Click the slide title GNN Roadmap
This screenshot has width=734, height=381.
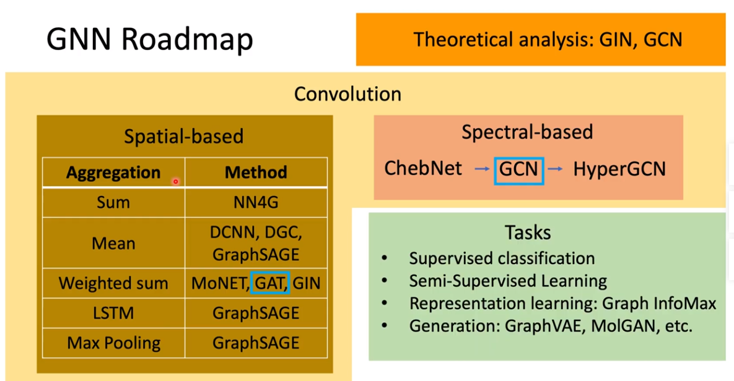tap(149, 40)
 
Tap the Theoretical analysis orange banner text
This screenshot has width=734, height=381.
tap(548, 40)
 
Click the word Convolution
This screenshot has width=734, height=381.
tap(347, 94)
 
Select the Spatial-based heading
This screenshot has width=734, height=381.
tap(184, 136)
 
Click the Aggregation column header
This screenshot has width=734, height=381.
tap(113, 172)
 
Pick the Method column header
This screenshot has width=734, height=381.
tap(256, 172)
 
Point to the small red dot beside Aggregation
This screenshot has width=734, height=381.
tap(176, 181)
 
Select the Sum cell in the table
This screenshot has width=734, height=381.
tap(113, 202)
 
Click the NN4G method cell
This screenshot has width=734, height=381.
tap(256, 202)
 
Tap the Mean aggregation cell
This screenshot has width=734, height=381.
tap(113, 243)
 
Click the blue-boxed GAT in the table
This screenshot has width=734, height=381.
tap(269, 283)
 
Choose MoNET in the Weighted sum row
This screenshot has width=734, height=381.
tap(219, 283)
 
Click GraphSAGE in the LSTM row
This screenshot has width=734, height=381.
tap(256, 313)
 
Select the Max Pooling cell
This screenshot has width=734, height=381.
tap(113, 343)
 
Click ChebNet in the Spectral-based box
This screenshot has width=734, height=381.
tap(423, 168)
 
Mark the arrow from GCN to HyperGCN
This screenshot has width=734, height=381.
tap(556, 169)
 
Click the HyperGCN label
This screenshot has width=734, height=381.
tap(619, 169)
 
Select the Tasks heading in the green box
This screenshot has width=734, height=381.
tap(528, 233)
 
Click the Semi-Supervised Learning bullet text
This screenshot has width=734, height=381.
tap(508, 281)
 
